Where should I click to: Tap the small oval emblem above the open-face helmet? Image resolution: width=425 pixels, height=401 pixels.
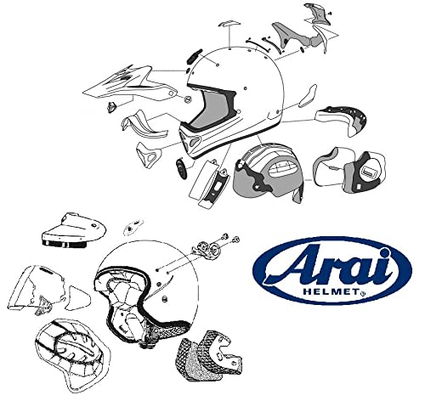click(x=133, y=229)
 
